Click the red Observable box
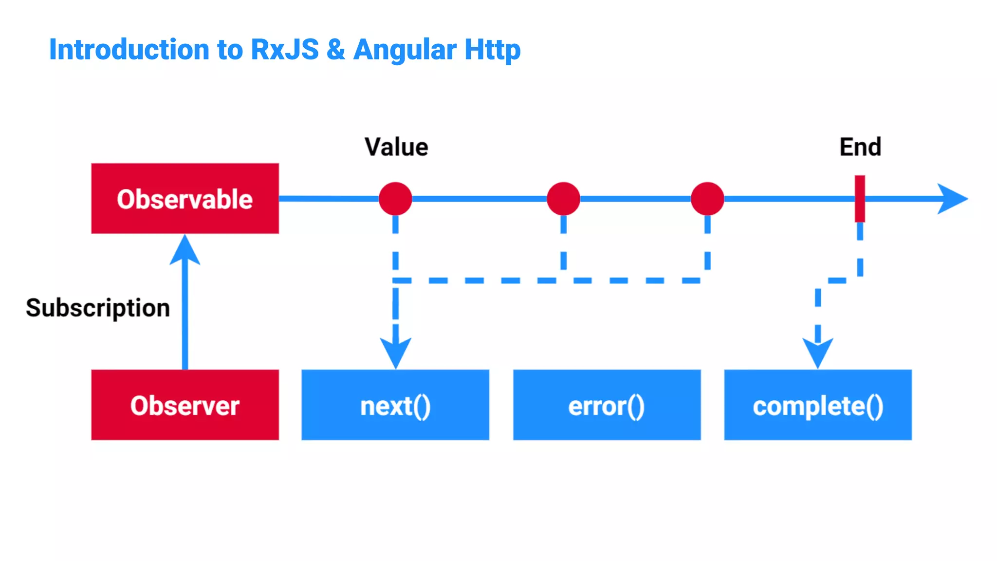click(185, 199)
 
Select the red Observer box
click(185, 405)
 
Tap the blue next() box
click(395, 405)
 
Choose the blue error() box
click(607, 405)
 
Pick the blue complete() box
click(818, 405)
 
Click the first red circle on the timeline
click(395, 199)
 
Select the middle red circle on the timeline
click(563, 199)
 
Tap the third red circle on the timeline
click(707, 199)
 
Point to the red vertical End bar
click(860, 199)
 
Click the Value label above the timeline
click(396, 147)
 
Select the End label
click(860, 147)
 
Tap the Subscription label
click(98, 308)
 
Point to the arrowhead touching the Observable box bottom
click(185, 251)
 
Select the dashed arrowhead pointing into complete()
click(818, 353)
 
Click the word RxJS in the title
click(285, 50)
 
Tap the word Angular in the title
click(405, 50)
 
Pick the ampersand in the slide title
click(336, 50)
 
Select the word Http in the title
click(492, 50)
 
